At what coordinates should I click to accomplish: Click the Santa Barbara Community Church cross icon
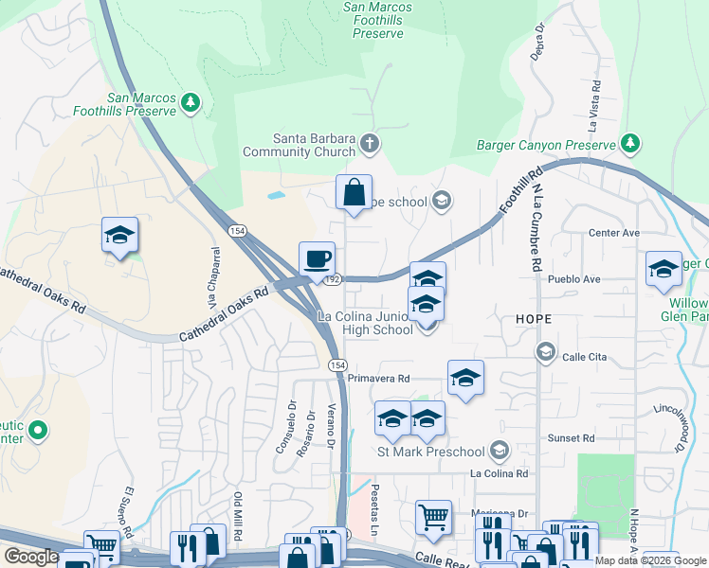point(370,145)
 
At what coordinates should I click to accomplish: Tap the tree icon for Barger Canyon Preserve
point(630,145)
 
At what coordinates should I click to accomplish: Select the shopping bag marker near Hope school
point(354,193)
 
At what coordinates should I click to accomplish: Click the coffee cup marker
point(317,257)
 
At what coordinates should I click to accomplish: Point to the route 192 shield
point(331,279)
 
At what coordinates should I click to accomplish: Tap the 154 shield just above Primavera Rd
point(337,364)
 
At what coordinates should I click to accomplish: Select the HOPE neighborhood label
point(533,320)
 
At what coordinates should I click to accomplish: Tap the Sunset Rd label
point(574,438)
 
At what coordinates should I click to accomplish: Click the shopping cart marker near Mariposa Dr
point(433,517)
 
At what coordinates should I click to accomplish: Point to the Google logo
point(31,557)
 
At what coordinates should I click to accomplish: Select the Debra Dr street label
point(540,43)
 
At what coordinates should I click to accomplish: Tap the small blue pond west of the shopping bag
point(276,195)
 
